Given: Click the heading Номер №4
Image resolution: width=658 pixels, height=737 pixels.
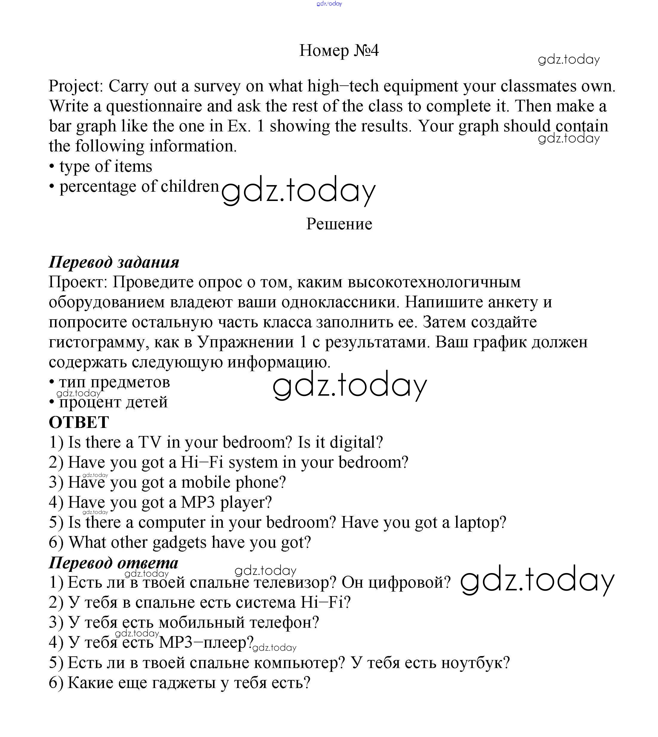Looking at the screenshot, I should [x=339, y=50].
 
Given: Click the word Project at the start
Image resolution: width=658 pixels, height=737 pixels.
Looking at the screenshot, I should [x=76, y=86].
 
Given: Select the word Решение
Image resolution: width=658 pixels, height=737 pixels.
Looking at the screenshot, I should [x=339, y=224].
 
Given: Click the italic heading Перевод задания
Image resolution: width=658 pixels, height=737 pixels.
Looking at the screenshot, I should [x=114, y=262].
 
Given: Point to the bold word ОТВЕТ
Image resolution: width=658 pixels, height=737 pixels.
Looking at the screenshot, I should [x=79, y=422].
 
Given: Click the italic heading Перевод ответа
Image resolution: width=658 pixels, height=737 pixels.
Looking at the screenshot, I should [x=113, y=563].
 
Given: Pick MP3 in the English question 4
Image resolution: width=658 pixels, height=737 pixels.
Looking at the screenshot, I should [x=198, y=502].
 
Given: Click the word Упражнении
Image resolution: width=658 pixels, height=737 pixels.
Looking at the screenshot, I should [x=246, y=342].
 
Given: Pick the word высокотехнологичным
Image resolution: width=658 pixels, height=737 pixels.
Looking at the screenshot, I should [x=434, y=282].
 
